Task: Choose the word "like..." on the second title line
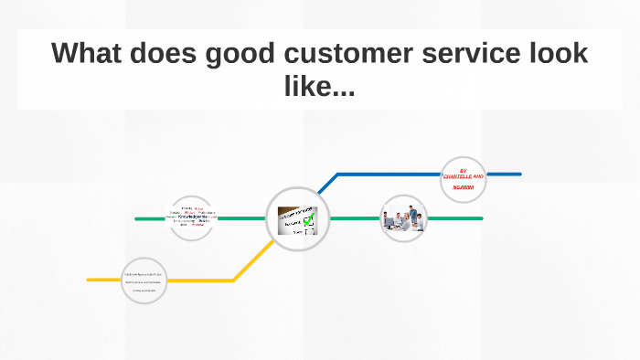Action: (x=320, y=89)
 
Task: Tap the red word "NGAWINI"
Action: (x=464, y=187)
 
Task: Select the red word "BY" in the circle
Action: (x=464, y=169)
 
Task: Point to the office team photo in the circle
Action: (x=403, y=219)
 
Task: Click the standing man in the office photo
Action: (x=412, y=215)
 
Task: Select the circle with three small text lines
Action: (x=145, y=281)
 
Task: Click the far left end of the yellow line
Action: (x=90, y=280)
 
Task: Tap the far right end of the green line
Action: (x=481, y=218)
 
